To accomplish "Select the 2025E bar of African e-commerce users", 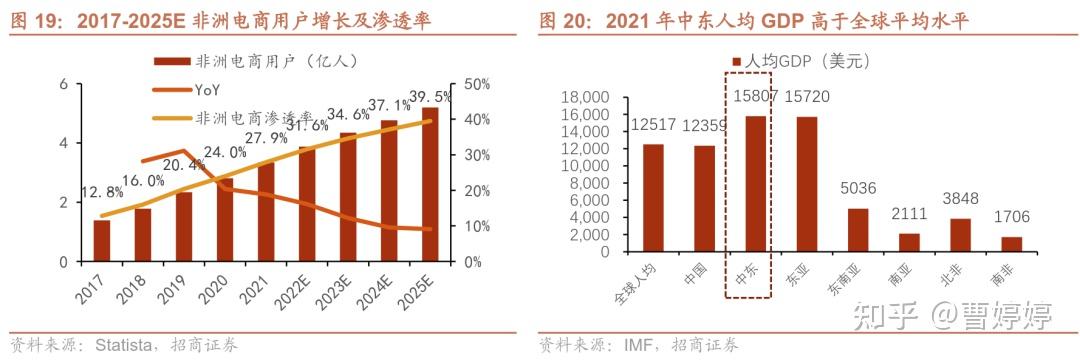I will coord(429,185).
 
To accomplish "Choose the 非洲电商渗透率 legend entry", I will coord(254,117).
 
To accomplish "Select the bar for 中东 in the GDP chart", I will coord(749,184).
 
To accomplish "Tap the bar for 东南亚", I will coord(857,230).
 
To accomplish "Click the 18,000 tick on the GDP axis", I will coord(587,97).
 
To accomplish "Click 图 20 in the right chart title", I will coord(563,20).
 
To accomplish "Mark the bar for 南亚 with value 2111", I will coord(911,242).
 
